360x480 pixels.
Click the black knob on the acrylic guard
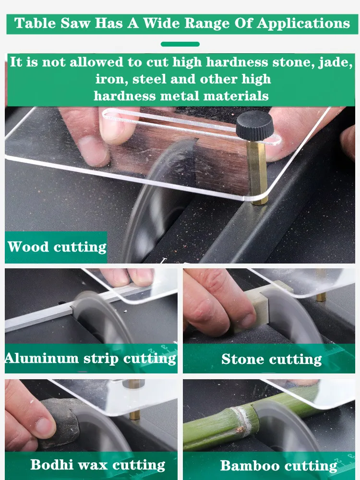point(254,125)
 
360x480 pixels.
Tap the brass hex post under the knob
point(258,172)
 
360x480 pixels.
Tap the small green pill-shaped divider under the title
point(180,44)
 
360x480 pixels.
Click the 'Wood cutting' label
point(57,247)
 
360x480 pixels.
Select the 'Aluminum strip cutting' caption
point(91,359)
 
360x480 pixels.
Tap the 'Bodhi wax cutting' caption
point(97,465)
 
